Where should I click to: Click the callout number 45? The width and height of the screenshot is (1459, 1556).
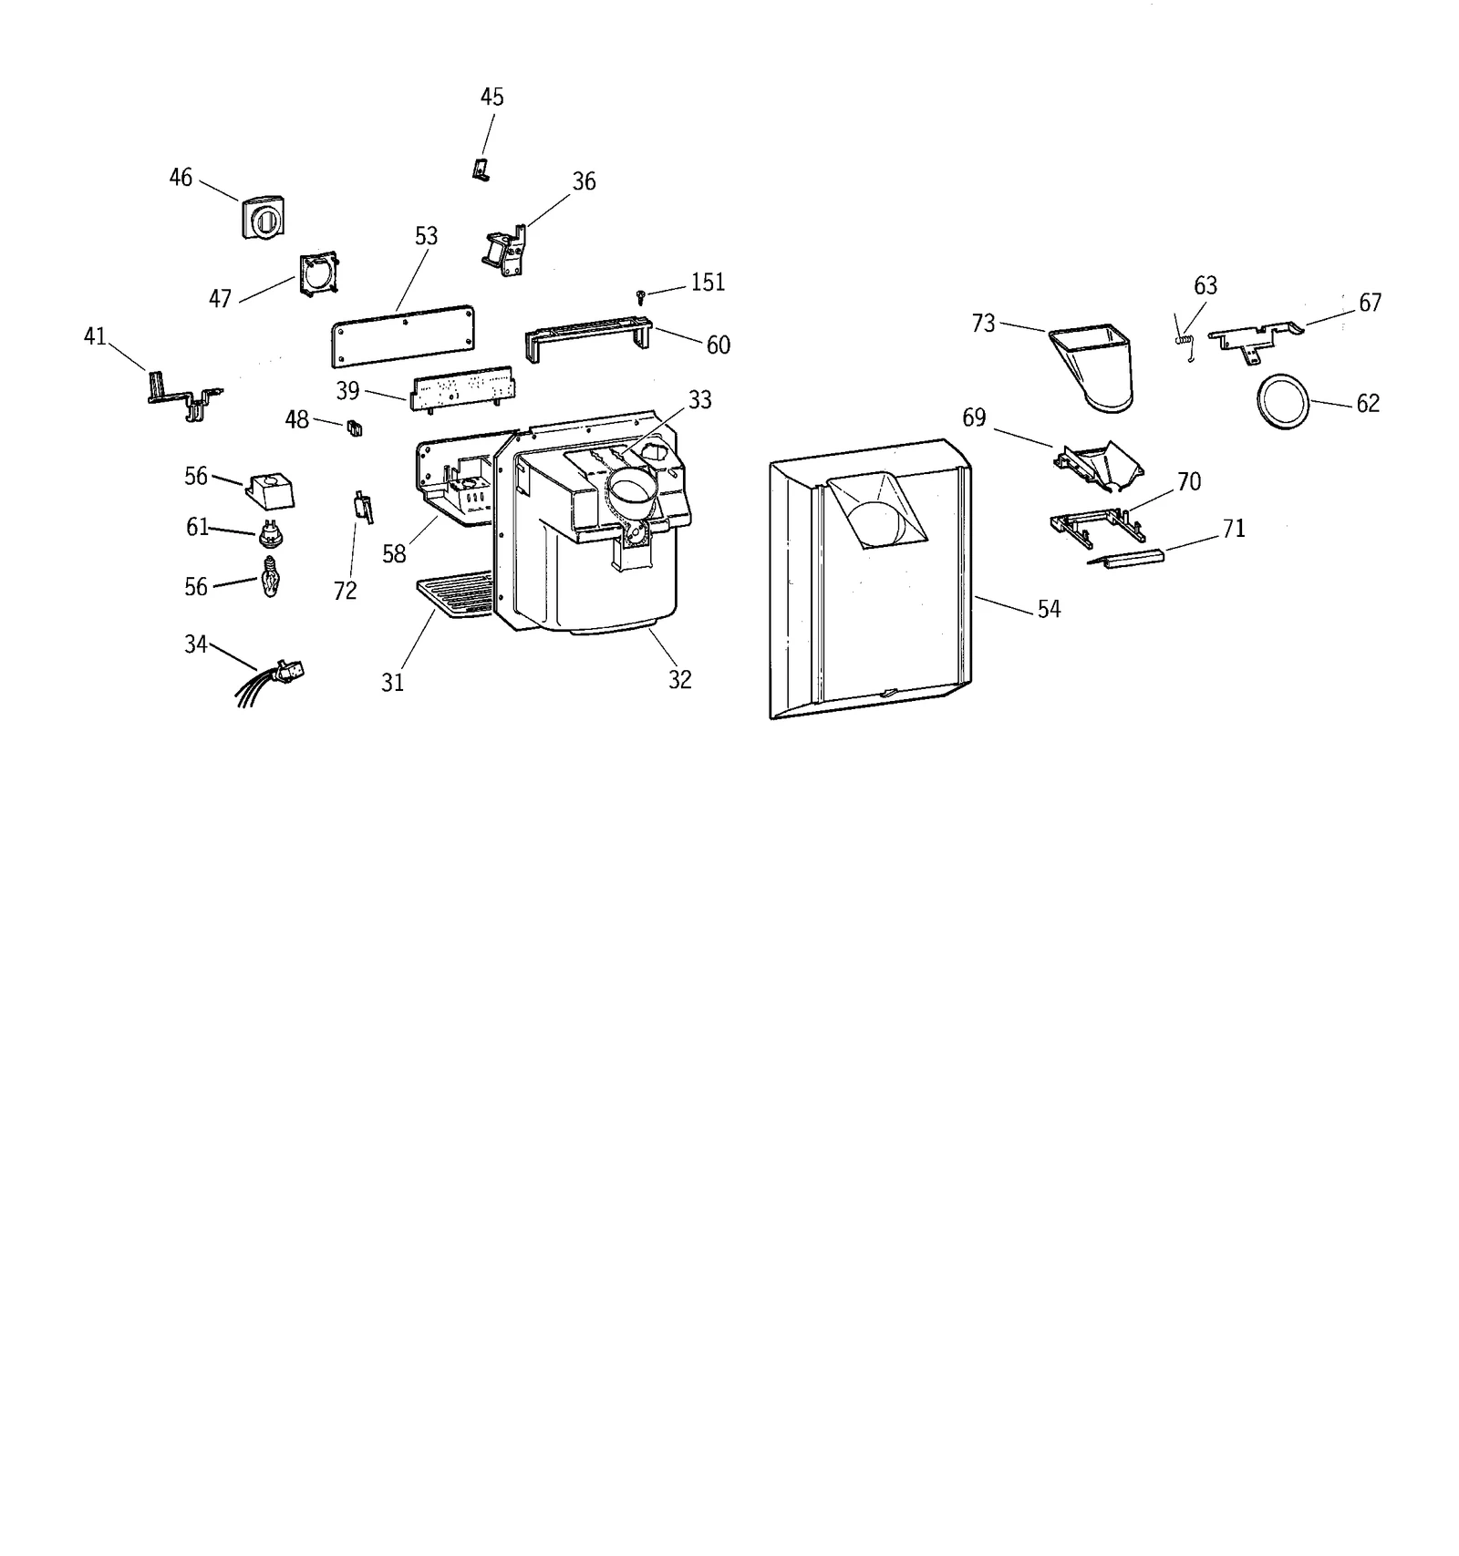492,97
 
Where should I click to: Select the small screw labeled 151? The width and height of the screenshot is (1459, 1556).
642,295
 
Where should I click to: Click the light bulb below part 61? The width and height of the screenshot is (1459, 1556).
269,576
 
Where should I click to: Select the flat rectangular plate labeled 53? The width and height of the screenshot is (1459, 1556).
402,335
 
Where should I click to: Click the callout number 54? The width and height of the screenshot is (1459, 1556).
1049,609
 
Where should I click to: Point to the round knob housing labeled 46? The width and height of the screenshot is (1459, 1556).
264,218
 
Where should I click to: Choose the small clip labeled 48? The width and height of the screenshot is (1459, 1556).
355,428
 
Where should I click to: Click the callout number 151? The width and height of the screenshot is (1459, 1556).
708,283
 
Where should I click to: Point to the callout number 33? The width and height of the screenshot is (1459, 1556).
699,399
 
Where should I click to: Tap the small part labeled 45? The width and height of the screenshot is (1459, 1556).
480,170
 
